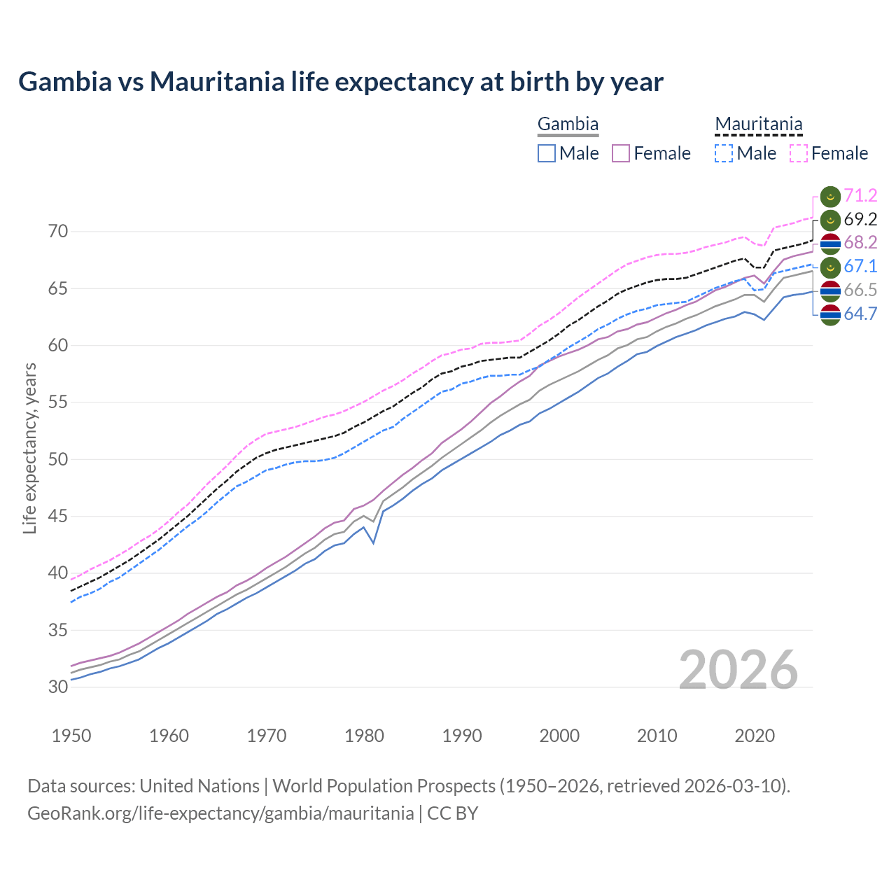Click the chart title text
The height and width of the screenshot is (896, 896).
click(x=340, y=82)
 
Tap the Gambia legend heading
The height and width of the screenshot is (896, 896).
click(x=568, y=125)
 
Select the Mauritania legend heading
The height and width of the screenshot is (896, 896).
click(x=758, y=125)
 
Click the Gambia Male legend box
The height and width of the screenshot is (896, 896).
click(x=547, y=153)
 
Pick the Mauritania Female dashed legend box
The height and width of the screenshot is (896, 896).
click(x=798, y=153)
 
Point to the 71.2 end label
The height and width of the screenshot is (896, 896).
click(x=860, y=195)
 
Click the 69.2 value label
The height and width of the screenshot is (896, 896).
click(x=860, y=219)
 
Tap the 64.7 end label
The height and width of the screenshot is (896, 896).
click(x=860, y=314)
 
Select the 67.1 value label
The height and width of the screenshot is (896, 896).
click(x=860, y=266)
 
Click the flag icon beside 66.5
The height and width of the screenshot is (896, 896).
click(x=829, y=290)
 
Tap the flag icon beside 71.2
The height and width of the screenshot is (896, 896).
click(x=829, y=196)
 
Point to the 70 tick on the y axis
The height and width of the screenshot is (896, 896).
click(x=58, y=231)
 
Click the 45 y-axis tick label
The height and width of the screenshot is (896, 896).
click(x=58, y=516)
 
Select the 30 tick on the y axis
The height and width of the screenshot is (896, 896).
click(x=58, y=687)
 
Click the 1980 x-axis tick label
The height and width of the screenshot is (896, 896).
click(x=365, y=736)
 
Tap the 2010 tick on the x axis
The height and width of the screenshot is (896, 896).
click(x=657, y=736)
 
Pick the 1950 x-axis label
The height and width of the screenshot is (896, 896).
click(x=72, y=736)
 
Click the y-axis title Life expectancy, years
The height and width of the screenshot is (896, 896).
click(x=29, y=448)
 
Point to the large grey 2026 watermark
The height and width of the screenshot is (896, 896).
click(x=738, y=670)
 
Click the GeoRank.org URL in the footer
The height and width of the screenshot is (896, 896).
click(x=220, y=813)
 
